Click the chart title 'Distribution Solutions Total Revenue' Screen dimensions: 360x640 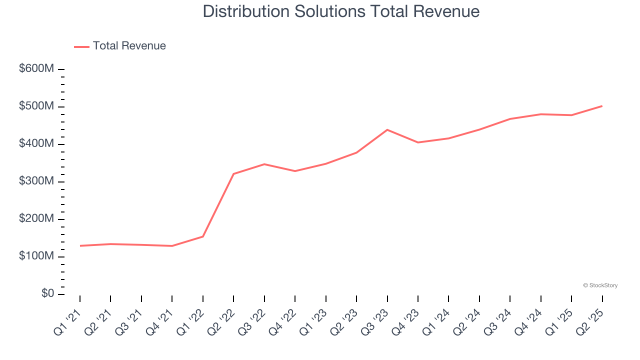click(341, 11)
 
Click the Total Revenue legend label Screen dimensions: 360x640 click(129, 46)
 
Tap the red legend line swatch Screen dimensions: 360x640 click(81, 46)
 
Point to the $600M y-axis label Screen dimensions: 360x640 click(36, 69)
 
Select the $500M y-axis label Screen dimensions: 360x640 click(36, 106)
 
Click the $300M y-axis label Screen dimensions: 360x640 click(36, 181)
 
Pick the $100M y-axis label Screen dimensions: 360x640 click(36, 256)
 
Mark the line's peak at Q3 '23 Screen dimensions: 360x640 click(387, 130)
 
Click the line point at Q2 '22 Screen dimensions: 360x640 click(233, 174)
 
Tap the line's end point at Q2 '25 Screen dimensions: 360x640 click(602, 106)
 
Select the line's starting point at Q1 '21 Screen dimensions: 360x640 click(80, 245)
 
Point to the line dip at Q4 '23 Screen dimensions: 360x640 click(418, 142)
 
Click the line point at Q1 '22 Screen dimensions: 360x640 click(203, 236)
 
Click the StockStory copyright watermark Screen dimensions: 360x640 click(600, 285)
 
